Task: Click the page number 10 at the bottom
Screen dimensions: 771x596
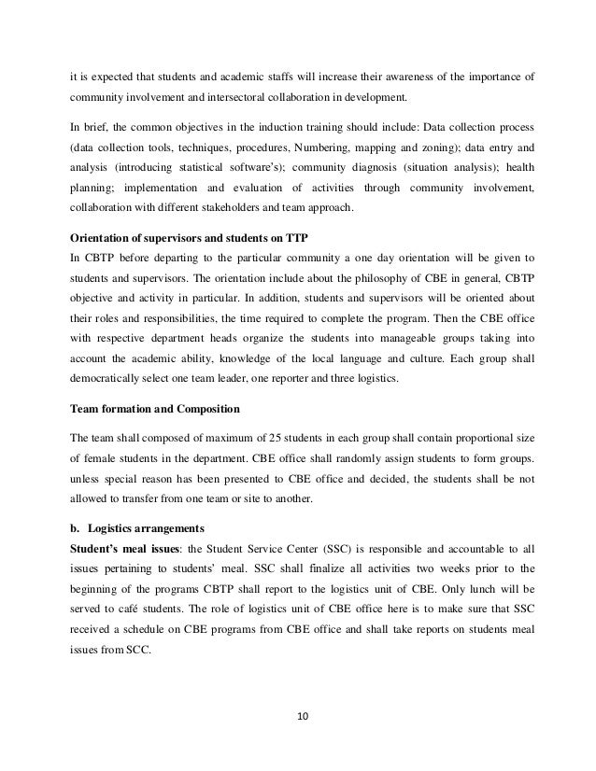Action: pyautogui.click(x=302, y=717)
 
